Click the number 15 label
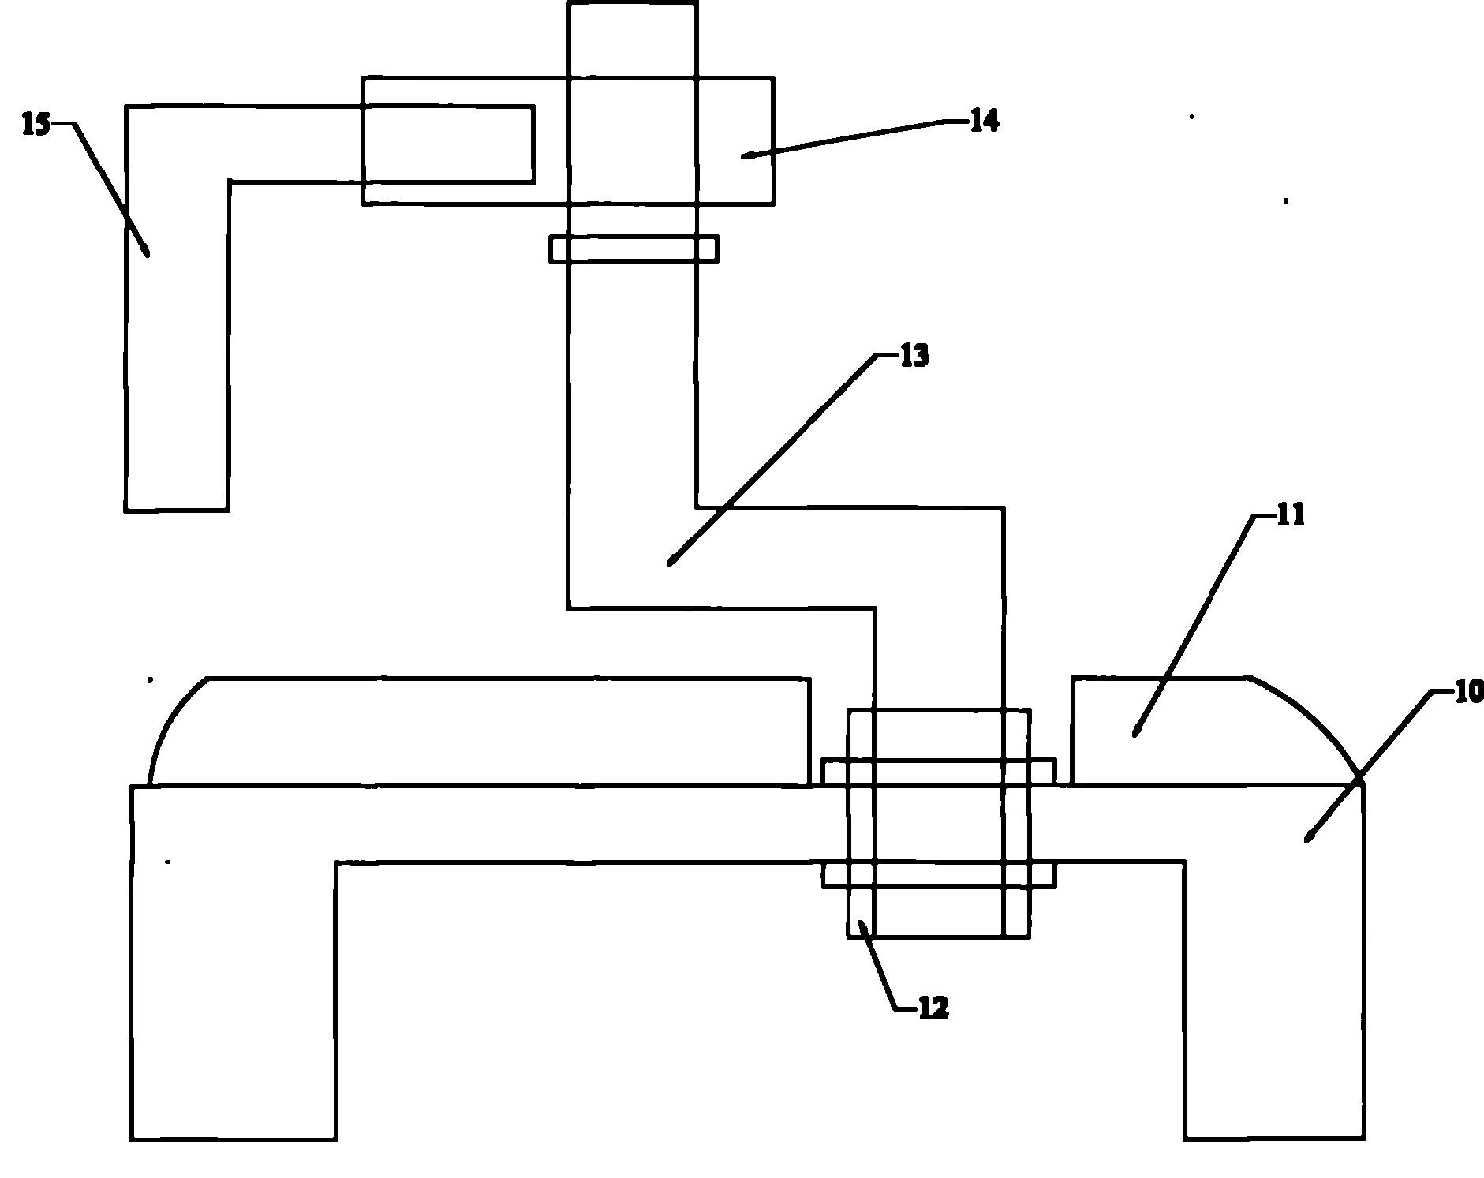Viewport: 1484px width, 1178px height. tap(36, 124)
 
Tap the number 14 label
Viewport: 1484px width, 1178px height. tap(983, 121)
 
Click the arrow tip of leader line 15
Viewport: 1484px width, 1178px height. tap(147, 254)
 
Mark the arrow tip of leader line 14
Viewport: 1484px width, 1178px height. tap(743, 157)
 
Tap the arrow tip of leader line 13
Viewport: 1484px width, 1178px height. tap(670, 563)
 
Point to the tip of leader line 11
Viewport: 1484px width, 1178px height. tap(1135, 735)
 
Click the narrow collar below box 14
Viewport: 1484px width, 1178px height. tap(634, 249)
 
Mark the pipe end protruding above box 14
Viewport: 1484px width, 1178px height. tap(632, 39)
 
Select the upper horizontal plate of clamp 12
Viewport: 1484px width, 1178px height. tap(938, 772)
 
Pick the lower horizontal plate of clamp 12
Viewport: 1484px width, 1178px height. tap(938, 874)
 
